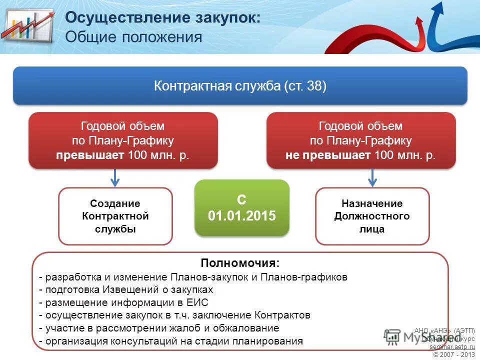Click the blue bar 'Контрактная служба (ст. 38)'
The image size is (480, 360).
click(x=240, y=86)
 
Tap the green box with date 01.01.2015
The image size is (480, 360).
click(x=241, y=208)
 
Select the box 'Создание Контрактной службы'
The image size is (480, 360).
click(x=115, y=216)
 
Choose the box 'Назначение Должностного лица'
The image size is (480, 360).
click(x=372, y=216)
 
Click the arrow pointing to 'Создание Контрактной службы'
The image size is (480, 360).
click(x=115, y=177)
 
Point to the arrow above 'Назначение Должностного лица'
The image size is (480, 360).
click(x=372, y=177)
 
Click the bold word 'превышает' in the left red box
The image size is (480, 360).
click(x=90, y=155)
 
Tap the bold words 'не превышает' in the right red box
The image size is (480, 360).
click(x=328, y=155)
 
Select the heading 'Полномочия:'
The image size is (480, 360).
click(x=240, y=263)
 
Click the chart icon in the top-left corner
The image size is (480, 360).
click(x=27, y=27)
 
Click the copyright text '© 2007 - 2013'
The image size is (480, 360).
click(x=454, y=354)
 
